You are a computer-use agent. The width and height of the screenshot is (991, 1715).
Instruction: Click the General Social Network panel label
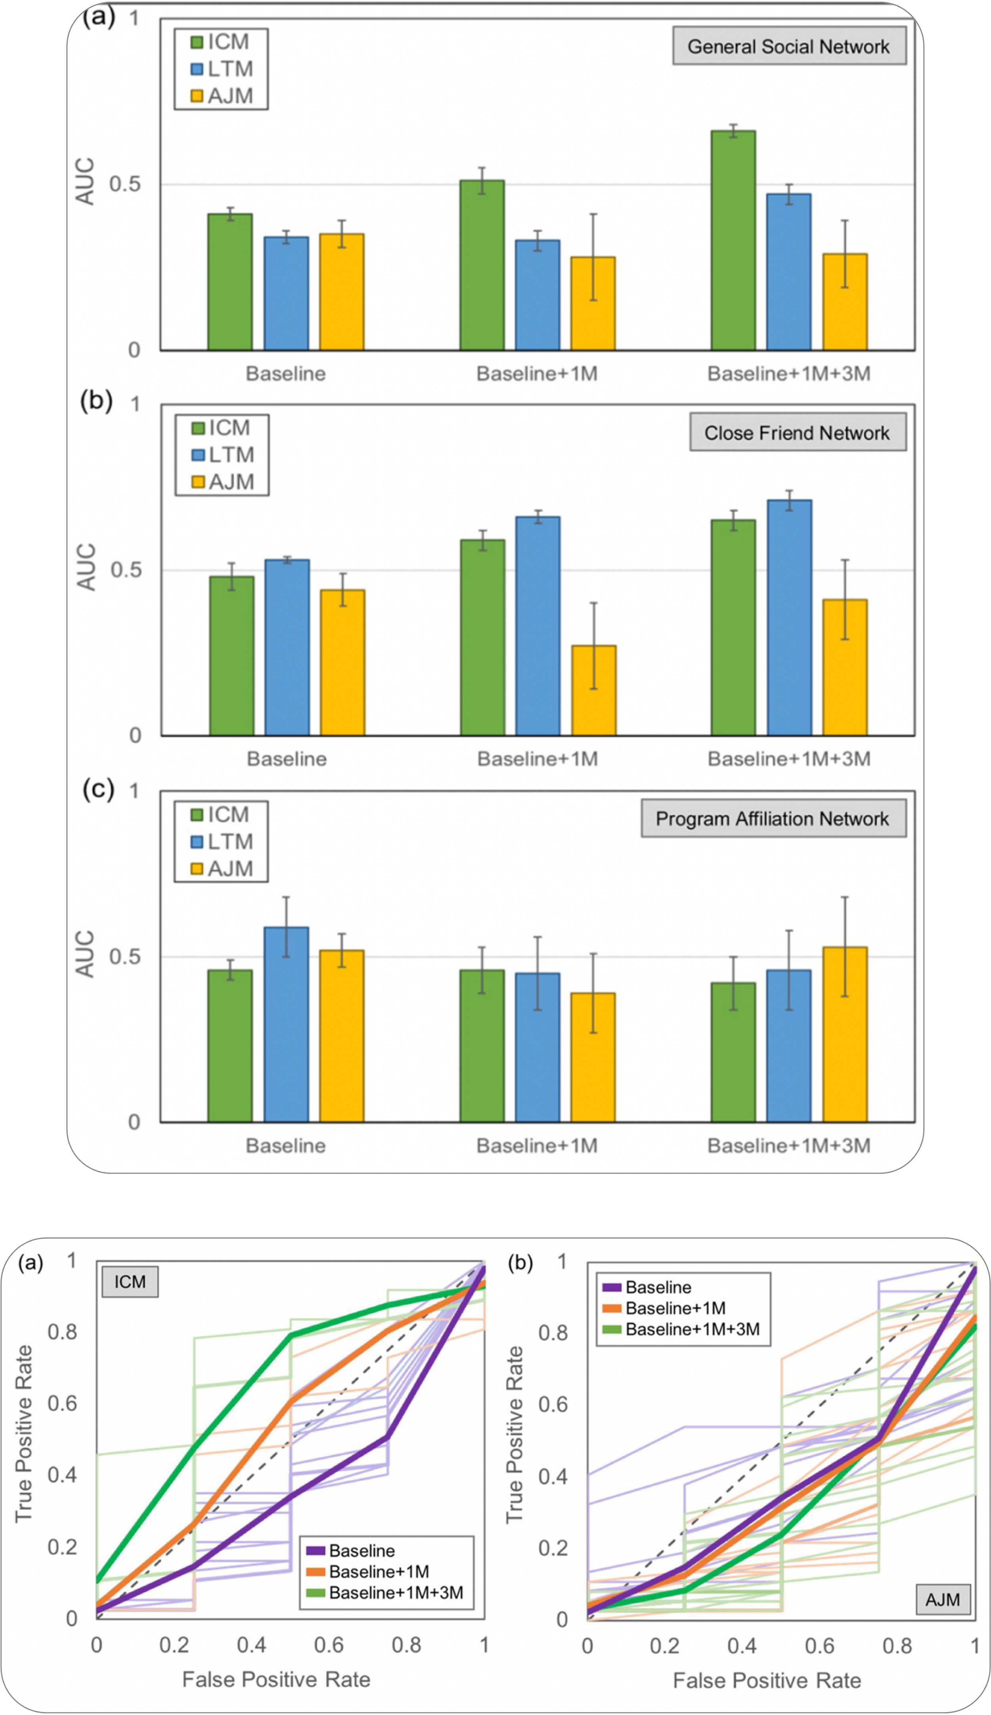coord(789,46)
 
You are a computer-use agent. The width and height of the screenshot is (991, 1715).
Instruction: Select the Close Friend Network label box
coord(797,433)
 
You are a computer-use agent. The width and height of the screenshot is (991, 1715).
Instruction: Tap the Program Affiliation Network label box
coord(773,819)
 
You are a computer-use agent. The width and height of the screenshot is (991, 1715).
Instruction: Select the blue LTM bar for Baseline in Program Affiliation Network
coord(286,1024)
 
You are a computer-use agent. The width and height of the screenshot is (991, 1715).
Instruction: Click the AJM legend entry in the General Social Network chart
coord(222,96)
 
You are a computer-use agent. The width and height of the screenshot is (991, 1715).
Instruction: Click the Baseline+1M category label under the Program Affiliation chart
coord(537,1146)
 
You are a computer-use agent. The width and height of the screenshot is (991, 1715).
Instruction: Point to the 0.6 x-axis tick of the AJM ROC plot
coord(820,1646)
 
